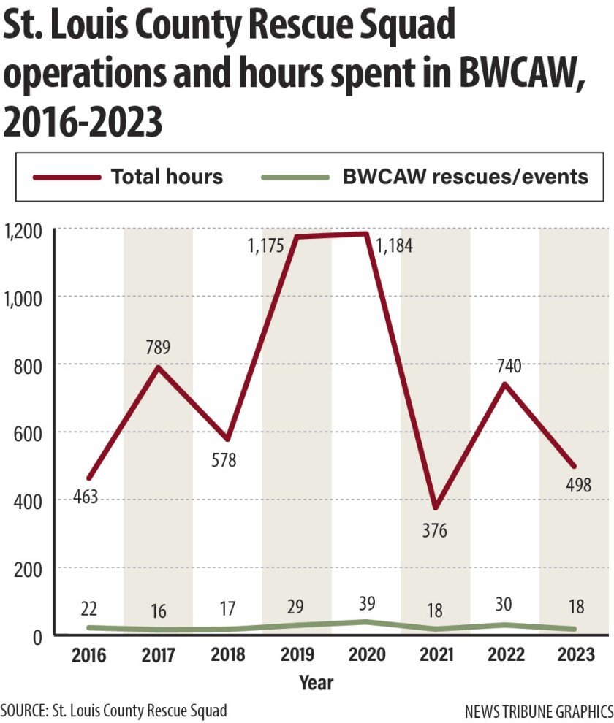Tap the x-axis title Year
coord(316,683)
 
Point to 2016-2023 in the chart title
coord(82,122)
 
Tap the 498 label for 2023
coord(578,484)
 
